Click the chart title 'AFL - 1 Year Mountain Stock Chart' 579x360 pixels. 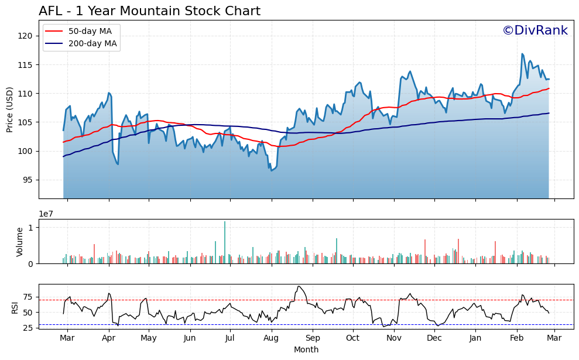coord(149,11)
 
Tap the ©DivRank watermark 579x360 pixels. coord(535,30)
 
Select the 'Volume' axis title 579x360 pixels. coord(20,242)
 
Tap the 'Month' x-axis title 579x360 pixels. coord(306,350)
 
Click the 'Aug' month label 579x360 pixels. coord(271,338)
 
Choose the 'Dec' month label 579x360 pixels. coord(434,338)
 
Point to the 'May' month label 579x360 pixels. coord(149,338)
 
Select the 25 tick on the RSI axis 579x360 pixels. coord(28,328)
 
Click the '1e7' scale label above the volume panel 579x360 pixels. coord(47,214)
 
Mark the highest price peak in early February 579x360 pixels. coord(522,54)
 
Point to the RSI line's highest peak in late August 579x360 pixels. coord(298,286)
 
